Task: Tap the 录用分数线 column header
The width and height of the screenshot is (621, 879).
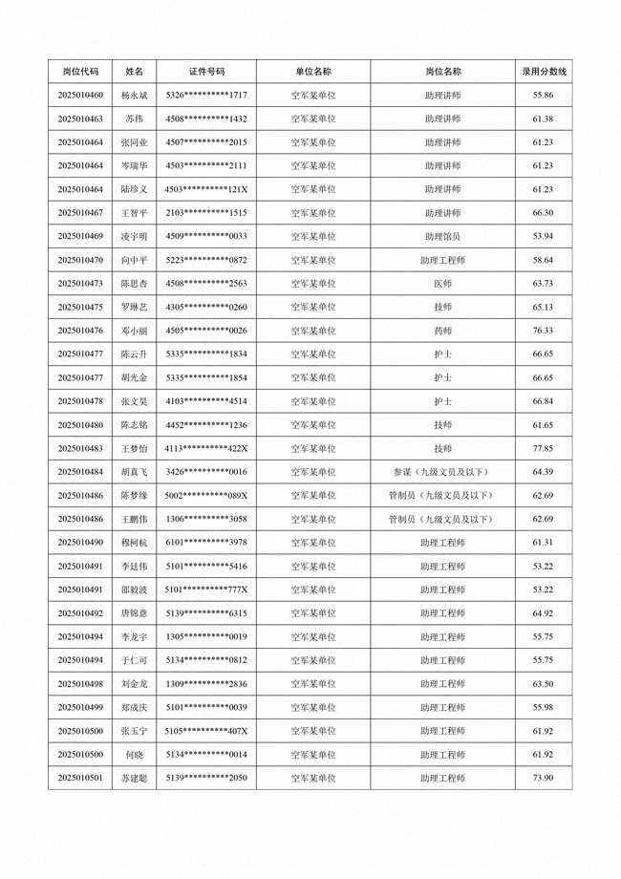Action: tap(543, 72)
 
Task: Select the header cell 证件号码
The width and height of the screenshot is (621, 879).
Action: tap(206, 72)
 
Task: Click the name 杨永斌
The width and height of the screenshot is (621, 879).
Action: tap(134, 96)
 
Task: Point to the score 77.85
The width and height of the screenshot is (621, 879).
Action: tap(543, 448)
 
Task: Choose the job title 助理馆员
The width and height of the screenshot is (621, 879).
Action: tap(442, 237)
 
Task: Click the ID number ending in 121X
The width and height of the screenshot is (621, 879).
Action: tap(206, 190)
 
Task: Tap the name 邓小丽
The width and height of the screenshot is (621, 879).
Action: tap(134, 331)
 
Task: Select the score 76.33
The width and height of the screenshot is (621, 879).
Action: tap(543, 331)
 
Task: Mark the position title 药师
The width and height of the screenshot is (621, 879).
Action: tap(442, 331)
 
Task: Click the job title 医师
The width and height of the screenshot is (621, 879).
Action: tap(442, 284)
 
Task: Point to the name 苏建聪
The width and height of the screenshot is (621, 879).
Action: tap(134, 779)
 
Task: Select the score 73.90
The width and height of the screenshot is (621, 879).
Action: tap(543, 779)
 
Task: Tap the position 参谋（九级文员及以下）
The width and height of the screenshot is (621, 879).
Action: tap(442, 472)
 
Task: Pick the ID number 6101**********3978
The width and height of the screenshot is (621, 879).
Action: tap(206, 543)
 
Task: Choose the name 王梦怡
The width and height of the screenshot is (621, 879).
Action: tap(134, 448)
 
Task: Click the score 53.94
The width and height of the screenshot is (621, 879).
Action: tap(543, 237)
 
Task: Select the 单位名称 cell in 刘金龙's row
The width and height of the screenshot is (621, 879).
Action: tap(312, 684)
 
